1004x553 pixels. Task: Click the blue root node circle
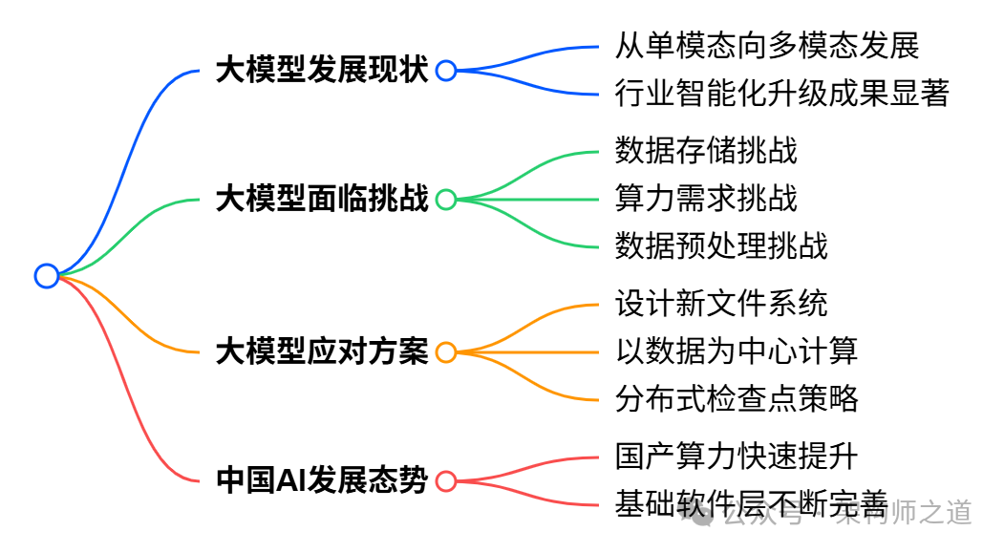(46, 276)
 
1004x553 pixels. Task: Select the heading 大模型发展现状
(322, 70)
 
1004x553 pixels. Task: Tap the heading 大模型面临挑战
(322, 199)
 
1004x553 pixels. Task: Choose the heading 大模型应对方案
(322, 351)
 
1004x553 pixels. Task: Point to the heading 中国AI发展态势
(322, 480)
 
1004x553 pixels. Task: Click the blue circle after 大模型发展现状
(446, 70)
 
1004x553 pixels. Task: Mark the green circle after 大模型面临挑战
(446, 199)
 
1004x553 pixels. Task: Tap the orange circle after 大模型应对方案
(446, 351)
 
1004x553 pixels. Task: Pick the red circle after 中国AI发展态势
(446, 480)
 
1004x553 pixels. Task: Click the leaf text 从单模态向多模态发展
(767, 45)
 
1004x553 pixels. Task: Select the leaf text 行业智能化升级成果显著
(782, 94)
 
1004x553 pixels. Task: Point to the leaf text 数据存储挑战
(706, 150)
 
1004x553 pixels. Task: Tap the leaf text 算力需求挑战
(706, 198)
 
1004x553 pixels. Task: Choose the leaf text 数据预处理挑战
(721, 246)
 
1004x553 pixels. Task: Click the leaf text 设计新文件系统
(721, 303)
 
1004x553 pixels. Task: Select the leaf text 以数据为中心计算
(737, 351)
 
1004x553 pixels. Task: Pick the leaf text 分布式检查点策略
(737, 398)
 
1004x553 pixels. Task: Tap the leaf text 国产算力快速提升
(737, 456)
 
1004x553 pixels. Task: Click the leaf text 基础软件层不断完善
(752, 503)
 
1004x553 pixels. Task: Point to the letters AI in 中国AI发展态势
(290, 480)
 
